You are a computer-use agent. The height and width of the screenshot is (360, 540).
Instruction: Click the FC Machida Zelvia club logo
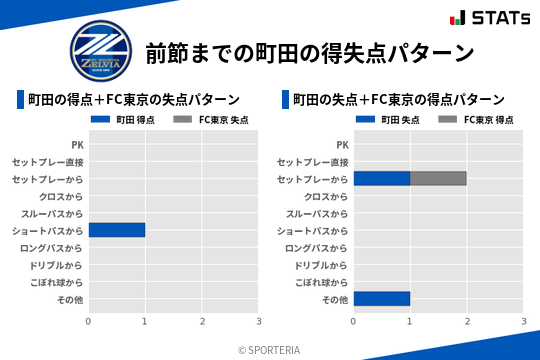100,50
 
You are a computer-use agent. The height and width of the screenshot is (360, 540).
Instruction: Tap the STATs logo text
499,18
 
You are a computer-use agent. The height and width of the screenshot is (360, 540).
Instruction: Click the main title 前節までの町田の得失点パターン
308,52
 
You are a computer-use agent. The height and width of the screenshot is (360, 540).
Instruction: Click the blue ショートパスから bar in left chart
117,230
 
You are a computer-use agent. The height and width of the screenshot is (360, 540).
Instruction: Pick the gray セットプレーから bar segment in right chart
438,178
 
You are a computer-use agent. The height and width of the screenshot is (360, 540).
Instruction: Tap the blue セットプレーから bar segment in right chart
382,178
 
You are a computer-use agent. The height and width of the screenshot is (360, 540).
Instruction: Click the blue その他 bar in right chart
382,298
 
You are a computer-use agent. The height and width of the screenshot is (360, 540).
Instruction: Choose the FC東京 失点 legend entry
212,120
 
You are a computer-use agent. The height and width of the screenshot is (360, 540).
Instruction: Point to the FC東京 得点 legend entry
477,120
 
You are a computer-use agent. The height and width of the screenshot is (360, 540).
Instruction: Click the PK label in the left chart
77,145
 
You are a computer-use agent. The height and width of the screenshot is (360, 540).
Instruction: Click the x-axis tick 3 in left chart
259,321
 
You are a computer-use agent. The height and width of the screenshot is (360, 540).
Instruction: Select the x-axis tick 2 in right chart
467,321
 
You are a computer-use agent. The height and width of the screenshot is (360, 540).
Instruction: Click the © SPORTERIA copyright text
270,349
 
